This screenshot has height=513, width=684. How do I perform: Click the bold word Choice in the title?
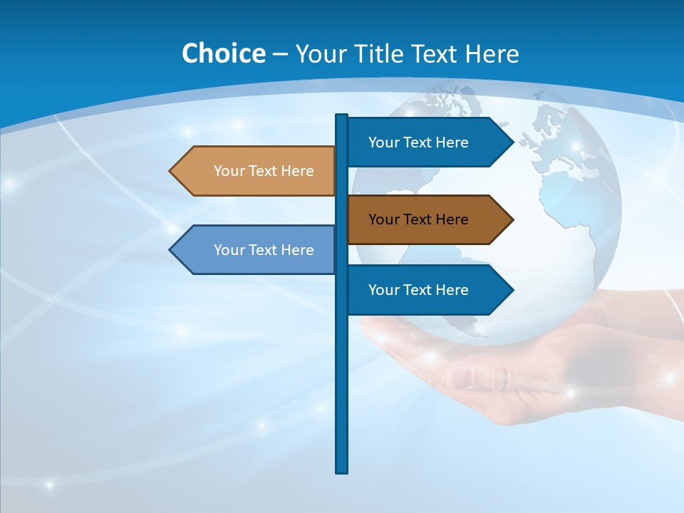point(223,53)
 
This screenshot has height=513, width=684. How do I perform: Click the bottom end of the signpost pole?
point(342,470)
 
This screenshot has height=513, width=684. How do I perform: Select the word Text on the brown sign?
point(418,219)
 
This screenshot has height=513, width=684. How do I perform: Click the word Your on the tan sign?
point(229,171)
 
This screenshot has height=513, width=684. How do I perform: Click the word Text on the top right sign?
point(418,142)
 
